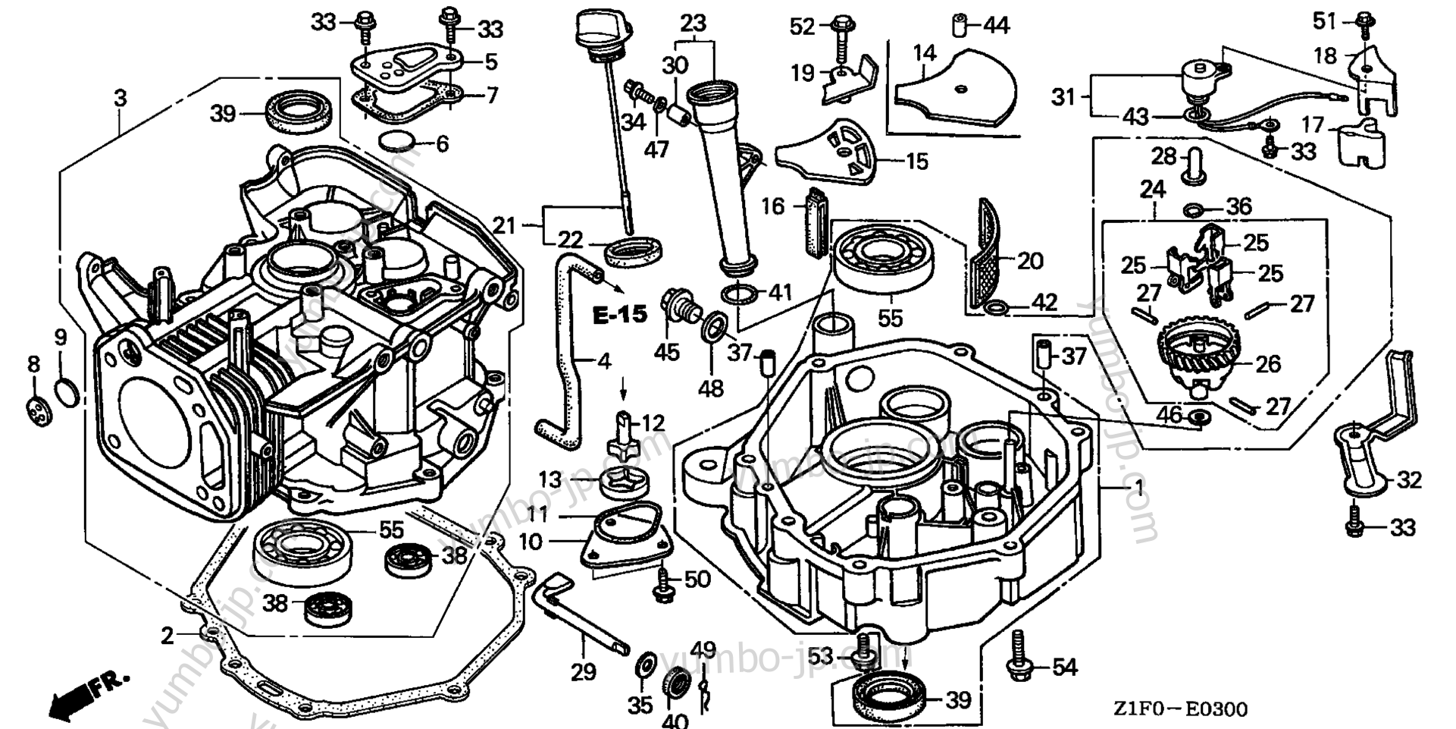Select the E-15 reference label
coord(620,314)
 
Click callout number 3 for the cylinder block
coord(120,98)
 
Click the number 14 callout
coord(924,53)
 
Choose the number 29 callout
coord(583,671)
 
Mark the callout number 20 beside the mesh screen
coord(1030,261)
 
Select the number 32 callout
coord(1410,479)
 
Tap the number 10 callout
coord(531,542)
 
